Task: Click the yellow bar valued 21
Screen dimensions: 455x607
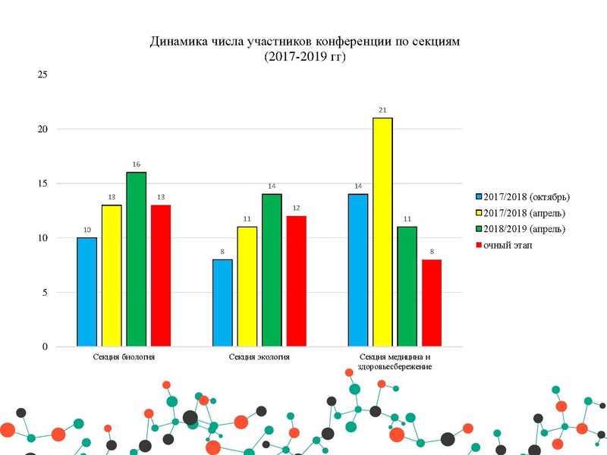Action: [x=382, y=231]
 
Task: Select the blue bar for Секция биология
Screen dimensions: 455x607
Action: [x=87, y=292]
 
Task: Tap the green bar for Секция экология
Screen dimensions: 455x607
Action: [x=272, y=270]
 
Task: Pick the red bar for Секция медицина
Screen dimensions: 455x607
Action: [x=432, y=303]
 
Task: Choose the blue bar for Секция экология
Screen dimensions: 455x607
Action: [x=222, y=303]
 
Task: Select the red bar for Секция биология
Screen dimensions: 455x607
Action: [x=161, y=275]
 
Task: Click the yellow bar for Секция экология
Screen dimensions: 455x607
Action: [x=247, y=287]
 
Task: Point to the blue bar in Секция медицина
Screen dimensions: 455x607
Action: [x=358, y=270]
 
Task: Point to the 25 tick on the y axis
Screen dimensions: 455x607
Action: [x=42, y=74]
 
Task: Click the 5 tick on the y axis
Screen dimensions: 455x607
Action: [x=45, y=292]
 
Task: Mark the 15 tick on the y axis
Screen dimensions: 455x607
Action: [x=42, y=184]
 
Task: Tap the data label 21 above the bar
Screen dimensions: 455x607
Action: [x=383, y=110]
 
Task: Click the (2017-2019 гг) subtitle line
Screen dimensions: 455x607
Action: [x=304, y=57]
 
